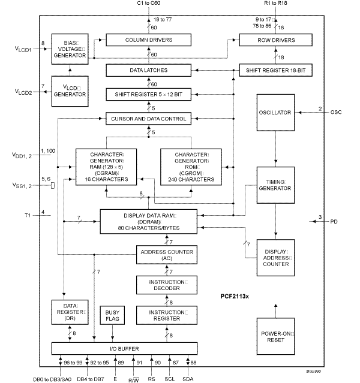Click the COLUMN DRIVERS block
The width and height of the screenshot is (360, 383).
pos(149,40)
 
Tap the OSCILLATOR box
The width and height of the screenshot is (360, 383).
pos(275,113)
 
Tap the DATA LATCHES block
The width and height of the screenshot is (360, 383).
pos(149,71)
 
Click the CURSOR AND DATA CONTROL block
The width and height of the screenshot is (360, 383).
pos(149,119)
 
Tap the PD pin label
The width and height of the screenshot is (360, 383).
pos(334,221)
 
